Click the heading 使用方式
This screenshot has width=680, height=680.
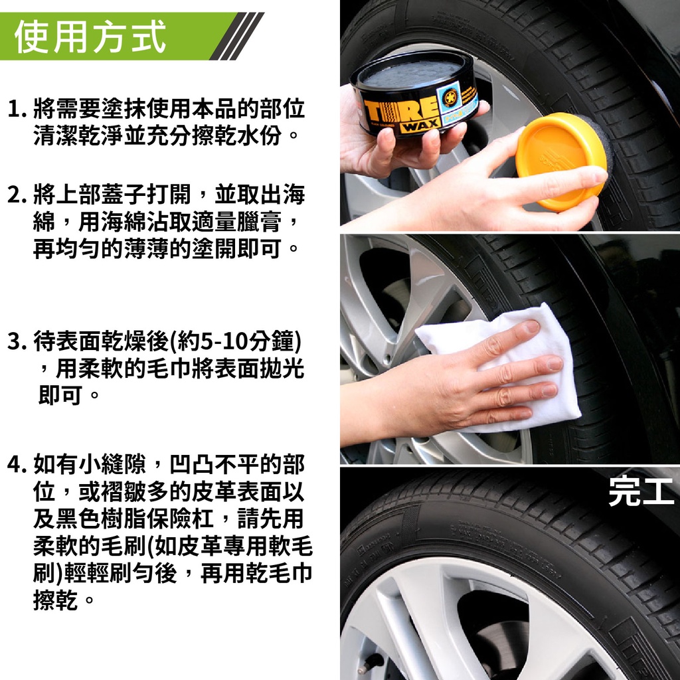[90, 37]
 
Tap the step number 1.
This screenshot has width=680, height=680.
[17, 109]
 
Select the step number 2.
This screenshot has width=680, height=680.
[17, 195]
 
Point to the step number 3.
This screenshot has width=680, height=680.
[17, 341]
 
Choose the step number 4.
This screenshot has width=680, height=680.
[17, 464]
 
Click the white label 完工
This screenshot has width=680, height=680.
[641, 492]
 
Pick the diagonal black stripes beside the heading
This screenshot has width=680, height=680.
[237, 37]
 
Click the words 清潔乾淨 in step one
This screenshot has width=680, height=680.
[78, 135]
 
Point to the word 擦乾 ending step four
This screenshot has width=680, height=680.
[56, 600]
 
